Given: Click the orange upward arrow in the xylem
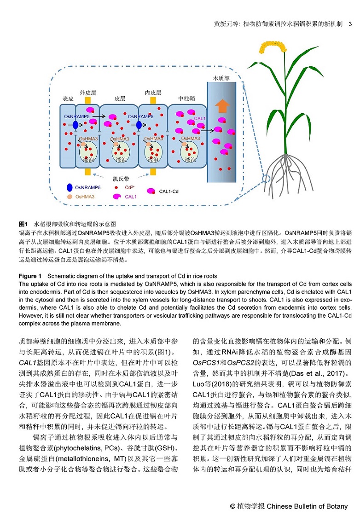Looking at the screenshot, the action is [222, 106].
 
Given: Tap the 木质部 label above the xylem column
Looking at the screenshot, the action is [221, 78].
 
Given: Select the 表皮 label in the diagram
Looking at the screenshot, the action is [68, 99].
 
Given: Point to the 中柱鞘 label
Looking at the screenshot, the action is [186, 99].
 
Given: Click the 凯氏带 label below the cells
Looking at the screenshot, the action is [121, 179].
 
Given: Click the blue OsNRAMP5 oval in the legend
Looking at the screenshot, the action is [70, 187].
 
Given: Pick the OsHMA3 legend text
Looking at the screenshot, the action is [85, 197].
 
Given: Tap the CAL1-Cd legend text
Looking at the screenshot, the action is [169, 191].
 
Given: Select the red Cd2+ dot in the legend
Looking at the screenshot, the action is [116, 188].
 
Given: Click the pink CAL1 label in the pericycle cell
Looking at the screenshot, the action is [200, 118].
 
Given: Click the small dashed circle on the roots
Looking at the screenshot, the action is [266, 179].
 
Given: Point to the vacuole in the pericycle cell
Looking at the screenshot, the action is [190, 152].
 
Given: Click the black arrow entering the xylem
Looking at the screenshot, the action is [207, 131].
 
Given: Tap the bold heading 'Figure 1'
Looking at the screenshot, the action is [30, 276].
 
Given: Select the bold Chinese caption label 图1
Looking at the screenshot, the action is [23, 224].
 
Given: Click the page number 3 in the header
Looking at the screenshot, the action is [350, 24].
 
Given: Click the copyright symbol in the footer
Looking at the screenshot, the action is [232, 506].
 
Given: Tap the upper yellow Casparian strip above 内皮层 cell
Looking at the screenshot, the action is [153, 100].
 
